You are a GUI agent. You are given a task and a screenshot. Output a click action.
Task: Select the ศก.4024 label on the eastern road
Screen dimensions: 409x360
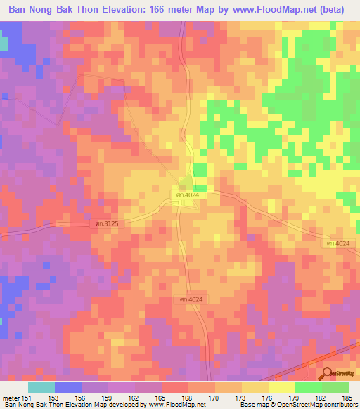coord(339,243)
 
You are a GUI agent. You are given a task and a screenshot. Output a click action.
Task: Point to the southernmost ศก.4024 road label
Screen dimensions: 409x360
coord(189,299)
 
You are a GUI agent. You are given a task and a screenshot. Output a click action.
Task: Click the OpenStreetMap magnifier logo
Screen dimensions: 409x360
coord(326,373)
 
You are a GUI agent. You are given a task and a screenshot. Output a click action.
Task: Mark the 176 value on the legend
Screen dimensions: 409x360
coord(255,398)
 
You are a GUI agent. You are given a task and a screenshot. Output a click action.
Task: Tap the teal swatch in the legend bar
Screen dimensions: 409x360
coord(41,387)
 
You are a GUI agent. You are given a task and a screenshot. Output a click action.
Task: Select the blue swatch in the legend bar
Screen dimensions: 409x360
coord(68,387)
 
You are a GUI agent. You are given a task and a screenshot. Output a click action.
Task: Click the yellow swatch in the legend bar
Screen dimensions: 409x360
coord(282,387)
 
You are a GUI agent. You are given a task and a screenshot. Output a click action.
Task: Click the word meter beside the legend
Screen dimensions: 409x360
coord(11,398)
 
